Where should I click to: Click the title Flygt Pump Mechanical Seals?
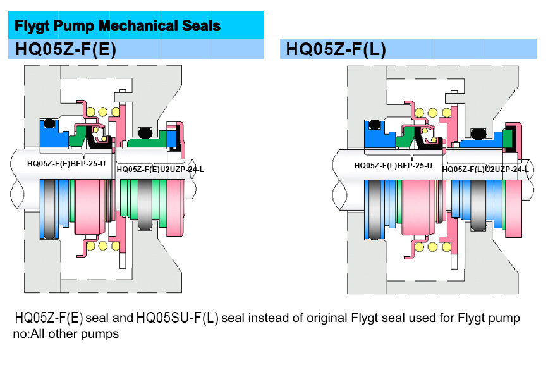click(x=118, y=26)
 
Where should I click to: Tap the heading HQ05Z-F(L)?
click(x=336, y=49)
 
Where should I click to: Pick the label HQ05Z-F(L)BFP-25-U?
click(x=393, y=166)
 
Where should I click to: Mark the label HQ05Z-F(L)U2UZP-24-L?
click(x=485, y=170)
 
